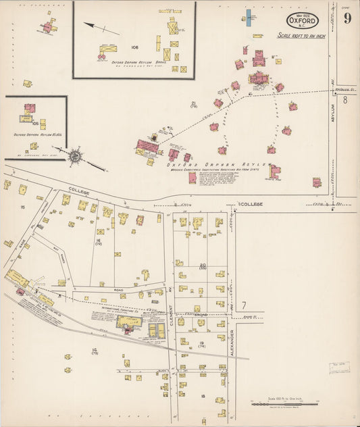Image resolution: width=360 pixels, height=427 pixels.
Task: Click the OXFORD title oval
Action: [x=302, y=20]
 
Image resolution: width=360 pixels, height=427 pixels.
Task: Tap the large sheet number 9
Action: [x=346, y=18]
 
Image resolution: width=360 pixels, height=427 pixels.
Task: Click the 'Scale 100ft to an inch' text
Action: [x=301, y=35]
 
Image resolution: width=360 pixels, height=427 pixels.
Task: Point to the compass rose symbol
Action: [x=74, y=155]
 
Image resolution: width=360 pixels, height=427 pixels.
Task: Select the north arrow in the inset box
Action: [x=101, y=28]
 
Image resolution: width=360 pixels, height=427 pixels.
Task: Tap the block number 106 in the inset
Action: [x=134, y=47]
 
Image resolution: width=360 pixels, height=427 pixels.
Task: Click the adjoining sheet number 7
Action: [x=244, y=306]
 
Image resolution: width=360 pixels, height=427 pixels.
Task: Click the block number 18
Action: [x=202, y=396]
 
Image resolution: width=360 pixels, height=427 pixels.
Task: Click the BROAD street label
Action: [x=202, y=314]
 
